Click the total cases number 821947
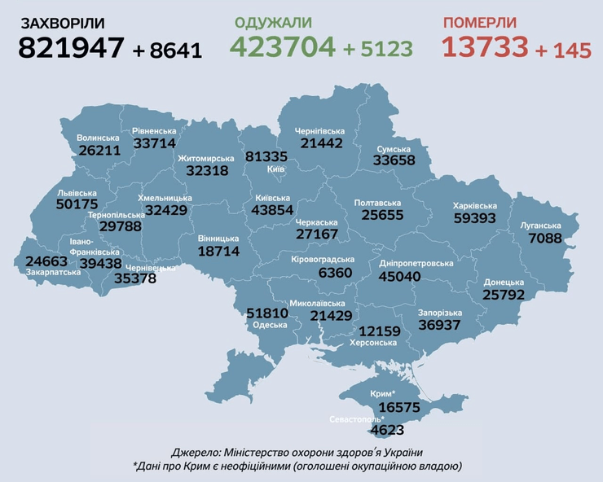71,48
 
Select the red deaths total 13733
485,47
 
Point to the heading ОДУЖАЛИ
275,22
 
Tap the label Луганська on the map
540,226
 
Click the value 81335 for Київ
266,156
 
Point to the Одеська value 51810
268,313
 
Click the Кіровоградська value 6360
335,273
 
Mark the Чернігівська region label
321,130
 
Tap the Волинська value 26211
99,151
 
